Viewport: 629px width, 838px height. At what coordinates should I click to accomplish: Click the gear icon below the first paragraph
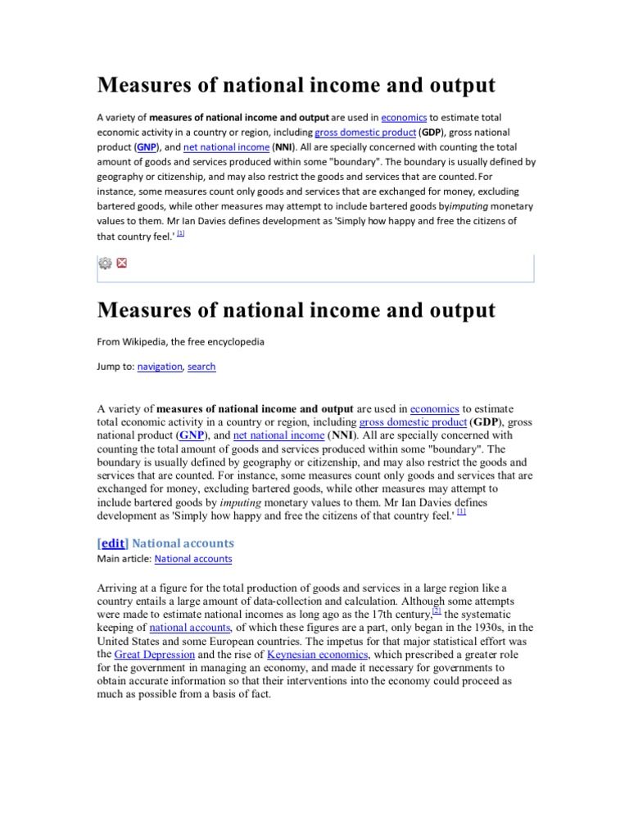tap(105, 263)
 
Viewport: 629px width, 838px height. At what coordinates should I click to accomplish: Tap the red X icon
tap(122, 263)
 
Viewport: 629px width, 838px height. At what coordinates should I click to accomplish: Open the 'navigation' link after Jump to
tap(159, 367)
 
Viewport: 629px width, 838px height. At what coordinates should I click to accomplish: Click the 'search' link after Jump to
tap(201, 367)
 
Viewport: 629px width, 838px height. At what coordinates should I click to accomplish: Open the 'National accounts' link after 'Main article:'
tap(192, 559)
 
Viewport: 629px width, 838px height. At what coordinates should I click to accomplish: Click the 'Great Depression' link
tap(154, 655)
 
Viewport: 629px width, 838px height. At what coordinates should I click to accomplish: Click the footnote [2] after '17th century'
tap(437, 610)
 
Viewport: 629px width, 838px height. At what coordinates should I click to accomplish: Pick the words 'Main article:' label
tap(124, 559)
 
